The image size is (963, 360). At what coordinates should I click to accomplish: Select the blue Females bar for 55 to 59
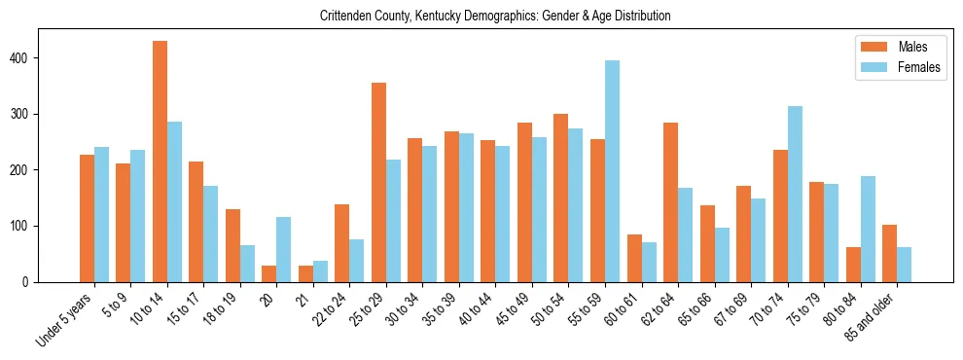(x=612, y=171)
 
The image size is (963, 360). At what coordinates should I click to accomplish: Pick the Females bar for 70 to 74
(x=795, y=194)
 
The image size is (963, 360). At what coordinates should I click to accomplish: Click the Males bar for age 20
(x=269, y=273)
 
